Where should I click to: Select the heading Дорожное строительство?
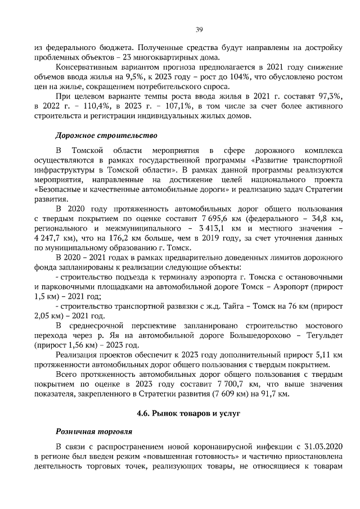coord(106,136)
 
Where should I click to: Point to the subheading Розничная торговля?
coord(93,431)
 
